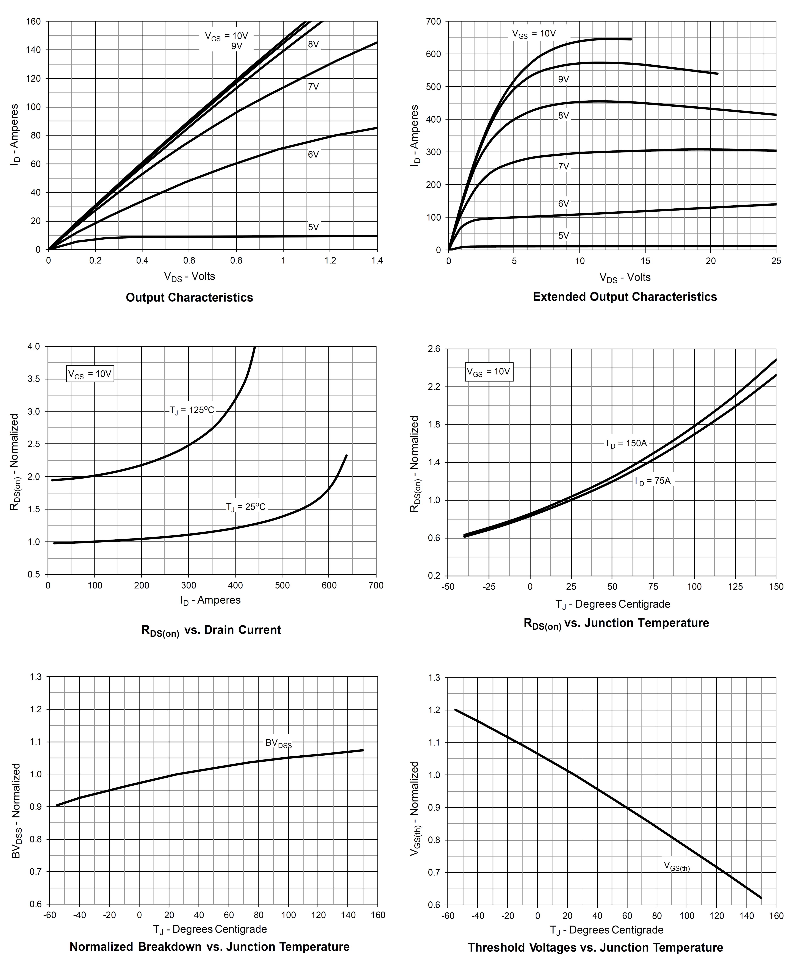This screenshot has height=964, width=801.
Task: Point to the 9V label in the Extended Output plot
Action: [564, 79]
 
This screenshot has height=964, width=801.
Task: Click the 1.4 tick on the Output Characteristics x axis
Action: [377, 261]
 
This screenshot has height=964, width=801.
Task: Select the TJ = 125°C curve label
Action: [192, 410]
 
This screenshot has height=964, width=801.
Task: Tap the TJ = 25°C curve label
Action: [246, 507]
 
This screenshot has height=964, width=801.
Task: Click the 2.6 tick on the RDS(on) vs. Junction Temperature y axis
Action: [434, 349]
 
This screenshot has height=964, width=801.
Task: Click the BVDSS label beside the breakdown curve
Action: [279, 743]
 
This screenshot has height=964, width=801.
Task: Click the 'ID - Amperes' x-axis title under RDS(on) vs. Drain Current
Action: [210, 600]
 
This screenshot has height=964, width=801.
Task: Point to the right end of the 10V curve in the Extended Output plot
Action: [631, 40]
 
